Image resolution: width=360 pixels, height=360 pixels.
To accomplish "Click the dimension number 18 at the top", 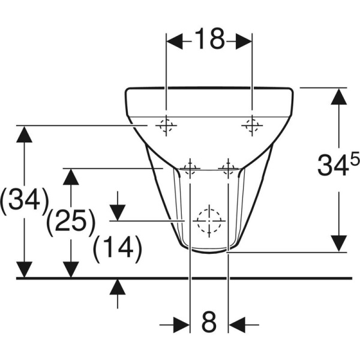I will pyautogui.click(x=208, y=40).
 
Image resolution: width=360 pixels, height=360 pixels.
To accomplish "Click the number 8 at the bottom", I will pyautogui.click(x=208, y=324).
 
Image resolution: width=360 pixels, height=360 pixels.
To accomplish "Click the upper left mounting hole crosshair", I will pyautogui.click(x=165, y=125).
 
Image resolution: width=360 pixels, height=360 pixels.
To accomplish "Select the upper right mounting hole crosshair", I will pyautogui.click(x=251, y=125).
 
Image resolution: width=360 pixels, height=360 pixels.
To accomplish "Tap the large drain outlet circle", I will pyautogui.click(x=208, y=221).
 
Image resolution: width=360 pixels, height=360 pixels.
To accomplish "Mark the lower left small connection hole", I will pyautogui.click(x=190, y=169).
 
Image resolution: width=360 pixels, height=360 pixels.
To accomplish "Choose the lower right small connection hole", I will pyautogui.click(x=228, y=169).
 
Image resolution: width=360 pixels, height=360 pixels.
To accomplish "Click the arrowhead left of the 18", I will pyautogui.click(x=174, y=41).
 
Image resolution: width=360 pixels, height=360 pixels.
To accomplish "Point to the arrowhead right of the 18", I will pyautogui.click(x=243, y=41).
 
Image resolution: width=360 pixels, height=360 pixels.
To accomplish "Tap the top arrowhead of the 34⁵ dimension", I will pyautogui.click(x=340, y=96).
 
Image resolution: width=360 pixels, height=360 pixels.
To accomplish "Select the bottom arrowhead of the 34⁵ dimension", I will pyautogui.click(x=340, y=242).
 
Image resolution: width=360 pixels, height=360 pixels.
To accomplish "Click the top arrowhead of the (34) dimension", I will pyautogui.click(x=24, y=134).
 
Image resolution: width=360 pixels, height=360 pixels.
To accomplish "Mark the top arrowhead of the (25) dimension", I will pyautogui.click(x=71, y=177).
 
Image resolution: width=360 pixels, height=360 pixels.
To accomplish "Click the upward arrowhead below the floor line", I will pyautogui.click(x=118, y=287).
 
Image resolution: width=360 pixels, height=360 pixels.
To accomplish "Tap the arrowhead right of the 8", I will pyautogui.click(x=236, y=325).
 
